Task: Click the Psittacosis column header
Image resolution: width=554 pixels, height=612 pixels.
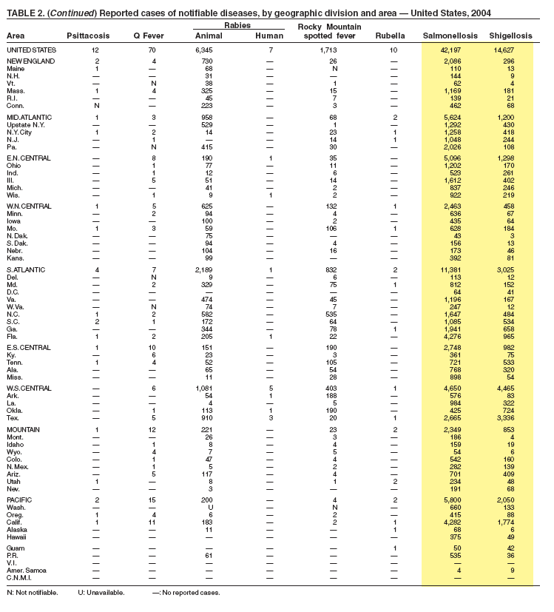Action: [x=87, y=36]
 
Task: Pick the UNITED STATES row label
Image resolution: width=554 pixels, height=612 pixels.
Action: [x=33, y=49]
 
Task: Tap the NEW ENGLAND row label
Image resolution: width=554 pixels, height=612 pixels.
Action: [x=29, y=60]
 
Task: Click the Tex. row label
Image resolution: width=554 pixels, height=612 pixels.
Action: [x=13, y=417]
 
